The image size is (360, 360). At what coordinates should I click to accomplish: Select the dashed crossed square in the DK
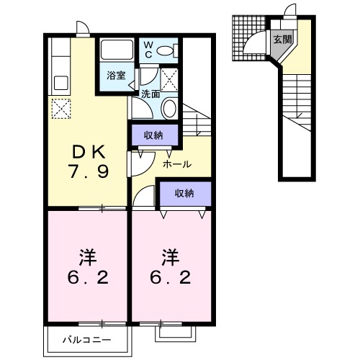pos(60,109)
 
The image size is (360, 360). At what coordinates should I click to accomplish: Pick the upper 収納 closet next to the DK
pos(153,135)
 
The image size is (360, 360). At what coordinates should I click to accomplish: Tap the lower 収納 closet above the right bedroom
pos(184,192)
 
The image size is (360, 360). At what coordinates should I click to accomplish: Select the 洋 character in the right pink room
pos(170,256)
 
